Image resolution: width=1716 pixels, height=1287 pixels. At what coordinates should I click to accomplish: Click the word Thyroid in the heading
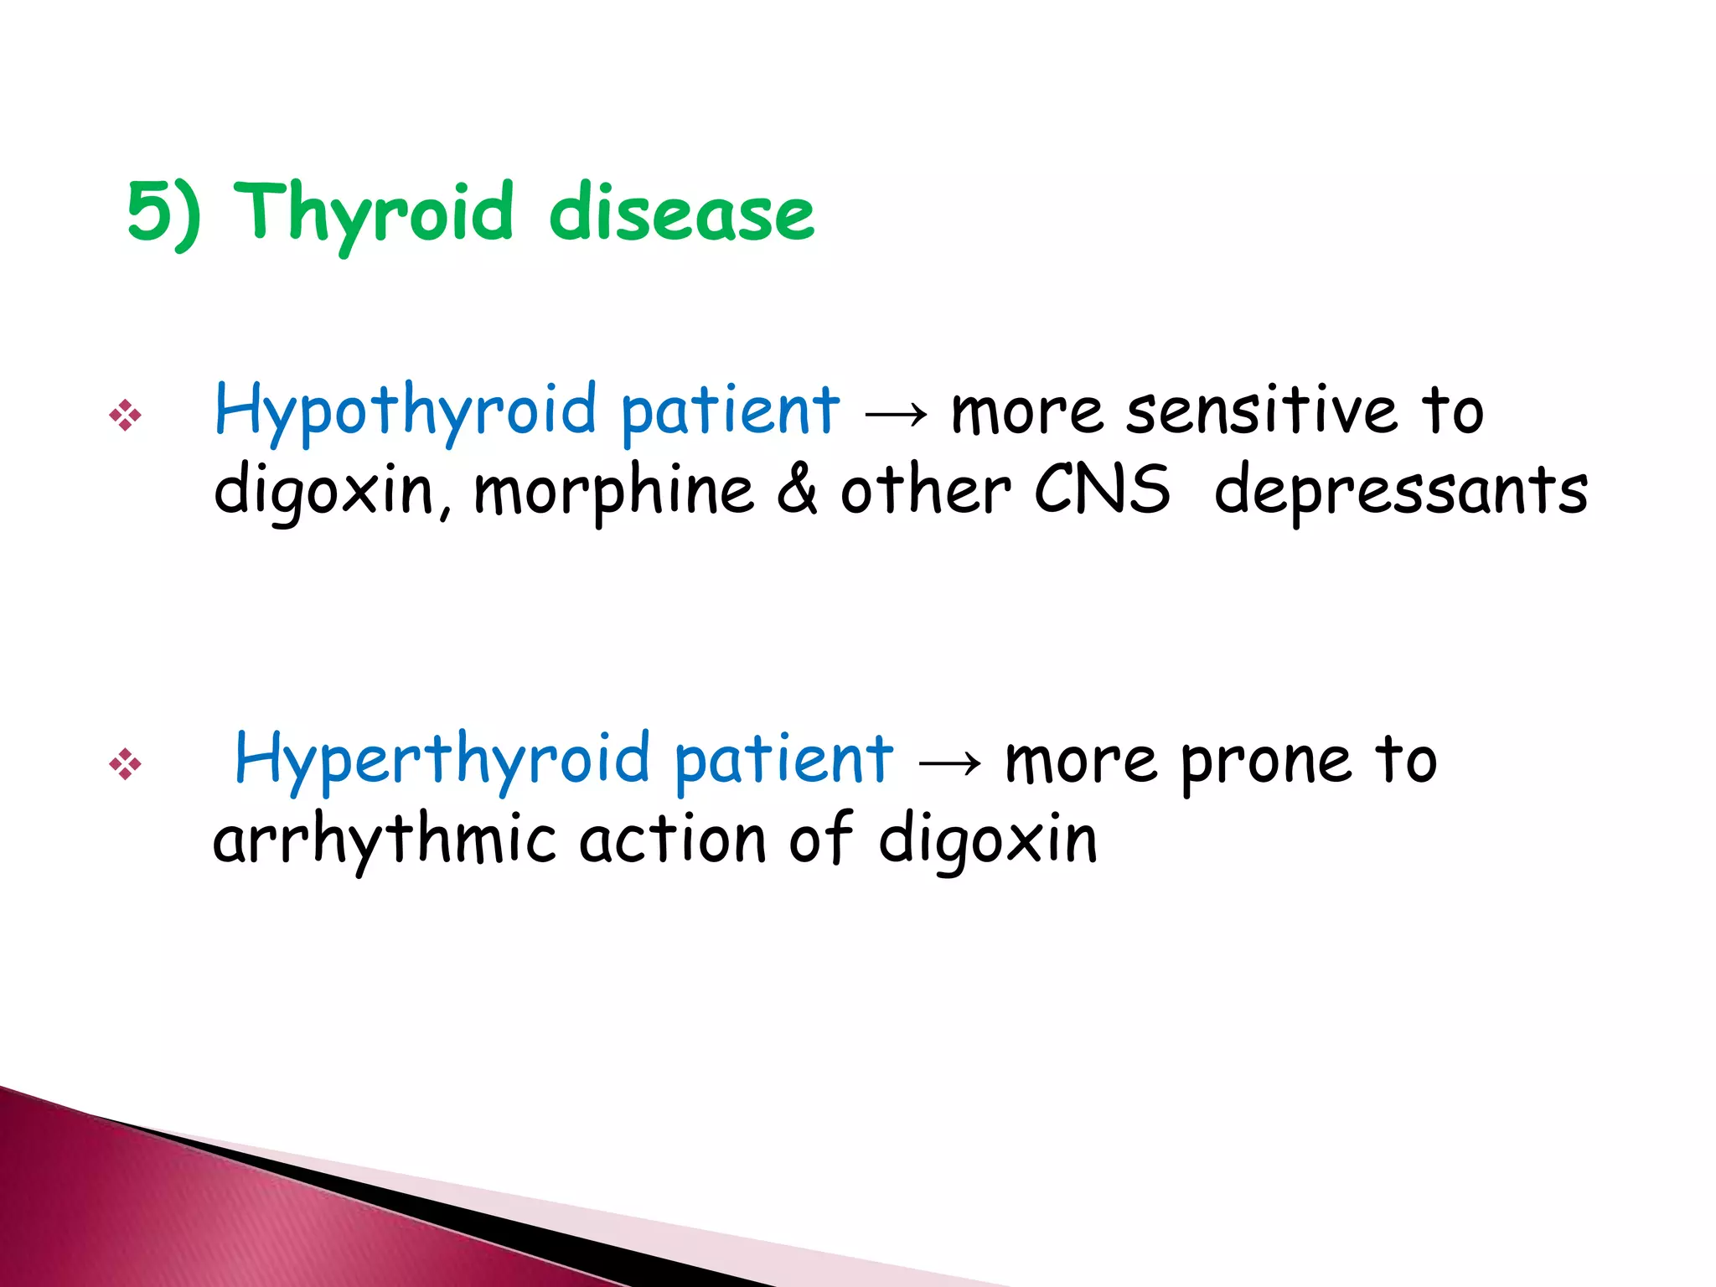click(x=375, y=214)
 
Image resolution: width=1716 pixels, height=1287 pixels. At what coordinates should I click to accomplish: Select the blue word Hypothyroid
click(x=406, y=411)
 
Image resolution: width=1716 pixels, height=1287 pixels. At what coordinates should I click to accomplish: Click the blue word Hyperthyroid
click(x=442, y=760)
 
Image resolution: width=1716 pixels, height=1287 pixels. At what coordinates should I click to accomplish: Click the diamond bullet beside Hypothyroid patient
click(x=125, y=415)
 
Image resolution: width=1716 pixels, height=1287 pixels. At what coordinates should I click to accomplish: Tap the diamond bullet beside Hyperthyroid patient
click(x=125, y=764)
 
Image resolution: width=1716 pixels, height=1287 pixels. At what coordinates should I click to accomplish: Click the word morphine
click(x=613, y=491)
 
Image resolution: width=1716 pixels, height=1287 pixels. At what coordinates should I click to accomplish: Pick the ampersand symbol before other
click(x=797, y=489)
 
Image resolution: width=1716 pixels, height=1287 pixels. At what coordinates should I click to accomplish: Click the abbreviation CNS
click(x=1101, y=489)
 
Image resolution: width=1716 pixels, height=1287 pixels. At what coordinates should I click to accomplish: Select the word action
click(x=673, y=840)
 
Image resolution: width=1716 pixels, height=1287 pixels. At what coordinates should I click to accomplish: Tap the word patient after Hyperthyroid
click(x=783, y=760)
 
